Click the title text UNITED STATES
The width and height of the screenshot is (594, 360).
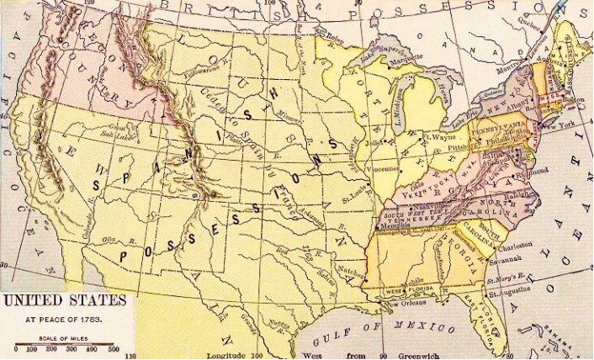[64, 300]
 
